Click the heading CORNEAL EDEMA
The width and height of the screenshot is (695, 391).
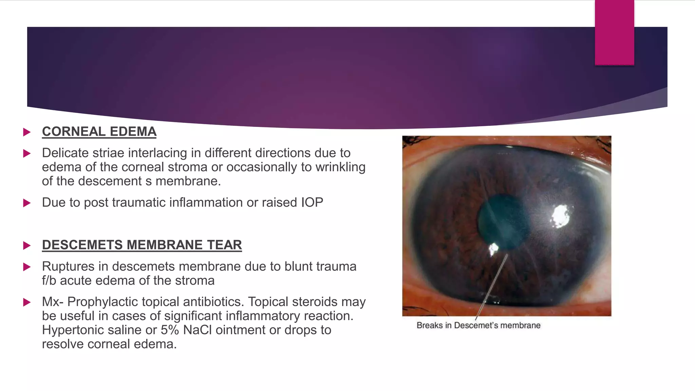click(99, 132)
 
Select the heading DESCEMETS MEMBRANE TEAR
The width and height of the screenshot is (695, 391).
click(142, 245)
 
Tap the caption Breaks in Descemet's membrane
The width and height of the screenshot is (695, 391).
click(478, 325)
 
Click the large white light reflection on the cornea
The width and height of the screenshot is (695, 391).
click(560, 216)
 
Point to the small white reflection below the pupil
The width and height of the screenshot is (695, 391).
click(493, 249)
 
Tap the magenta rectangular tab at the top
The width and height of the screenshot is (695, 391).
click(614, 33)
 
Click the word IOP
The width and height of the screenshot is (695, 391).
click(312, 203)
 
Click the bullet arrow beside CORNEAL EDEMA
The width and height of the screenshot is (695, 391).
click(27, 132)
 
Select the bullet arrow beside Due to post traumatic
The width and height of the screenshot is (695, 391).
click(27, 203)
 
